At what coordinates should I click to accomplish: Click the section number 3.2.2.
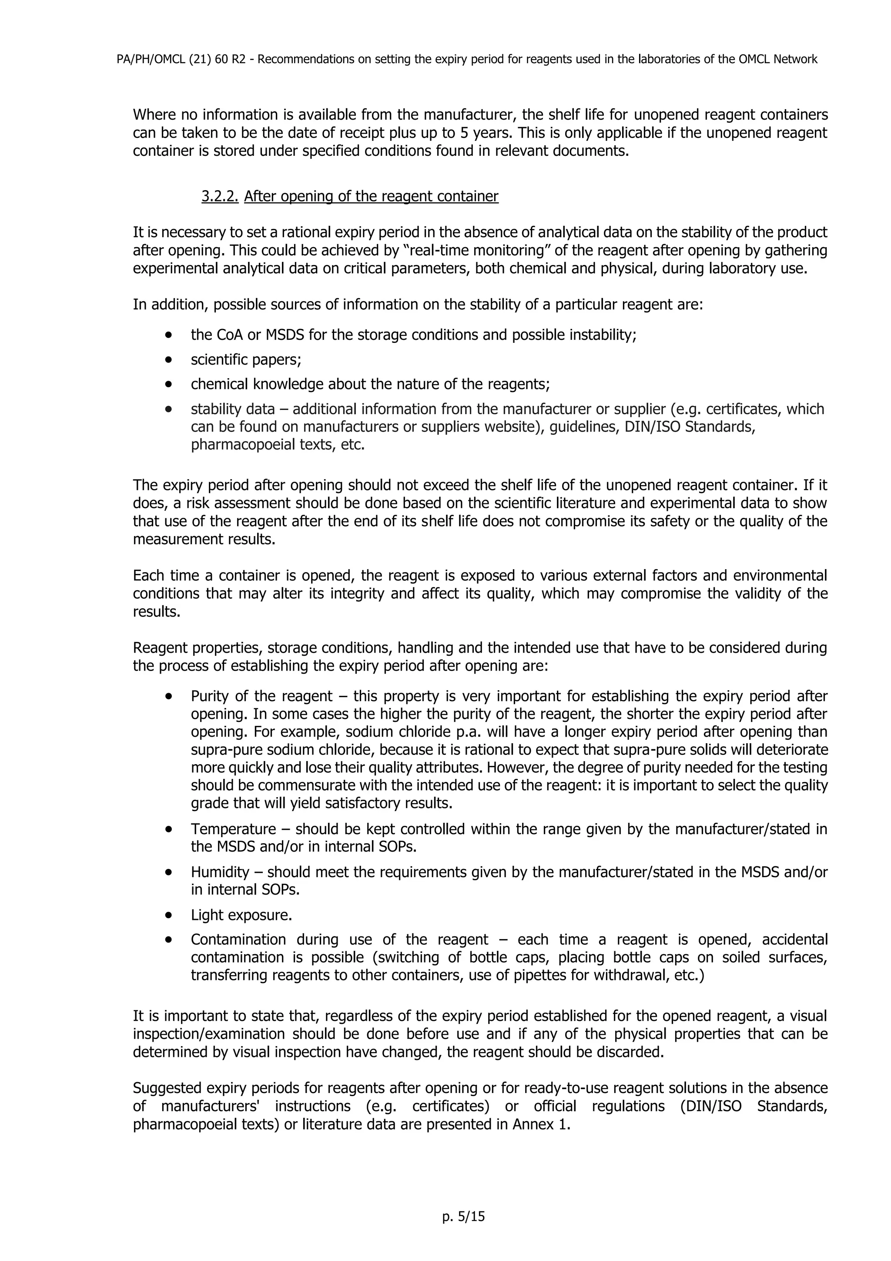coord(220,196)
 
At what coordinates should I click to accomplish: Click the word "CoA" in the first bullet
coord(232,335)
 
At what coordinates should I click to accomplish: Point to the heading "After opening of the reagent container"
coord(371,196)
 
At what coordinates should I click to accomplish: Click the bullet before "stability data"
coord(168,409)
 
